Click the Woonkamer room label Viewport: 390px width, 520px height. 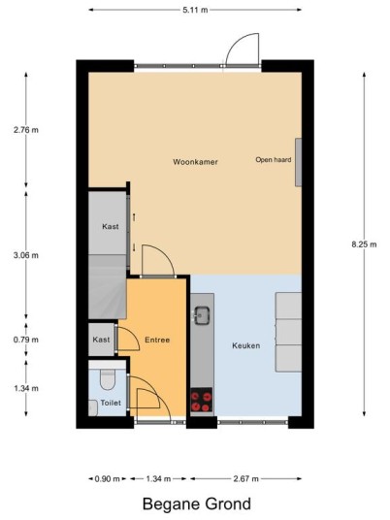click(195, 162)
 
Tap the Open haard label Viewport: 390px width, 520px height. click(274, 159)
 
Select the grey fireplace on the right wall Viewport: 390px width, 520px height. click(299, 162)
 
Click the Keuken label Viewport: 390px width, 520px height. click(245, 345)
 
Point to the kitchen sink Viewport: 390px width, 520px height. click(202, 315)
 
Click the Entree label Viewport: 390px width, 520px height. click(157, 340)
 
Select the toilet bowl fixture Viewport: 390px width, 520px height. click(108, 379)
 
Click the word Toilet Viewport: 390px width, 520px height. click(111, 403)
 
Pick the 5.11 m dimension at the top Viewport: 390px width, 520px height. click(195, 10)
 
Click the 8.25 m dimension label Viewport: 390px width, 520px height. click(364, 244)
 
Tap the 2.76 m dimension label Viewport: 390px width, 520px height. click(26, 130)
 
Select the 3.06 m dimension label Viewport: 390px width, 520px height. click(26, 255)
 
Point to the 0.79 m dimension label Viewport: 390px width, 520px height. click(26, 340)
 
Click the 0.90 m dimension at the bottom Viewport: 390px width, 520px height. click(107, 479)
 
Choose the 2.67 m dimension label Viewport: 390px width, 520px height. click(245, 479)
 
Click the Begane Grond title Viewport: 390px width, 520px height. click(197, 504)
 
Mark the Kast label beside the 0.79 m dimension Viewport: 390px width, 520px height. click(101, 340)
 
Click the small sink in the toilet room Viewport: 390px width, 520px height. click(92, 407)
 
